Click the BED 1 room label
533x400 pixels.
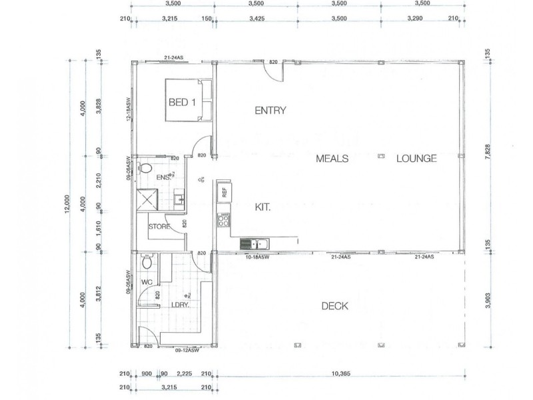[x=179, y=102]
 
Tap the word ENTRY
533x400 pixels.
[x=270, y=111]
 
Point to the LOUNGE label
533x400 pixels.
[x=416, y=159]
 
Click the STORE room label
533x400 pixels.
[x=159, y=227]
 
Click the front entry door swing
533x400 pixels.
[x=272, y=71]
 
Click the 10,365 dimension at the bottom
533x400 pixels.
[x=340, y=373]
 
